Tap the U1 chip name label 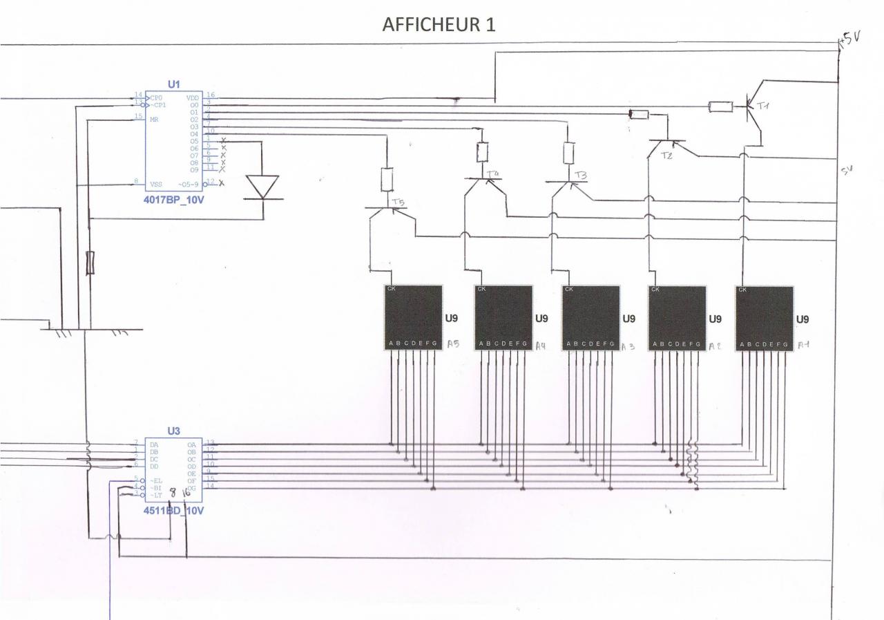pyautogui.click(x=173, y=84)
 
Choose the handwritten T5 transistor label pyautogui.click(x=397, y=202)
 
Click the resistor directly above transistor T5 pyautogui.click(x=387, y=180)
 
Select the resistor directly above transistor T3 pyautogui.click(x=568, y=152)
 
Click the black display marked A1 pyautogui.click(x=764, y=318)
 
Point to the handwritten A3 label pyautogui.click(x=627, y=346)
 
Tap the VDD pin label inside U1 pyautogui.click(x=193, y=97)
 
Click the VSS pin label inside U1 pyautogui.click(x=155, y=185)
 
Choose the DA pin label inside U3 pyautogui.click(x=153, y=443)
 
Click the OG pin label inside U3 pyautogui.click(x=191, y=488)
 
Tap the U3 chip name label pyautogui.click(x=173, y=430)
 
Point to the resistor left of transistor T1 pyautogui.click(x=721, y=106)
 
